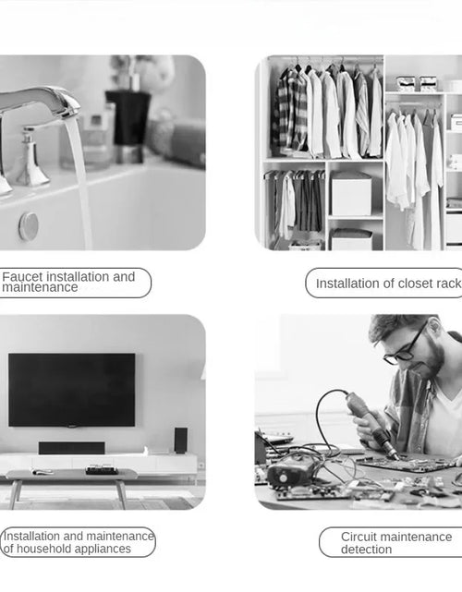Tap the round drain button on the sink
coord(29,225)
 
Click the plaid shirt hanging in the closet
coord(287,112)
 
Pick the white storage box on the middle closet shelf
coord(350,195)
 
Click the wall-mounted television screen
coord(71,389)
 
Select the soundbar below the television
coord(71,448)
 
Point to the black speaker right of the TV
coord(180,440)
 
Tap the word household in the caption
coord(47,549)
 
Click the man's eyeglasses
coord(406,348)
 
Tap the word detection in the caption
coord(366,550)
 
